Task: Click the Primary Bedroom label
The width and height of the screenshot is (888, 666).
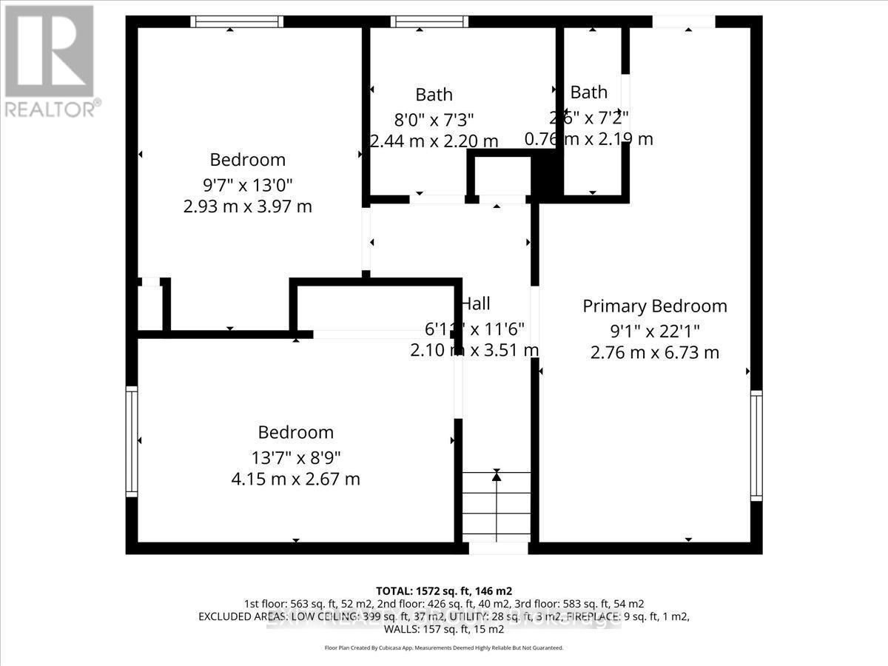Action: click(654, 306)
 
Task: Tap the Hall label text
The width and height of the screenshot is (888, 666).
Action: click(475, 303)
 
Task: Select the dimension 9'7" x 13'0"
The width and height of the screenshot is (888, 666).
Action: click(247, 184)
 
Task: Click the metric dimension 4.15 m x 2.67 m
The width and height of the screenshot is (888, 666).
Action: click(295, 479)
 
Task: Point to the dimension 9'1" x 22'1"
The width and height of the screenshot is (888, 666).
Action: click(654, 329)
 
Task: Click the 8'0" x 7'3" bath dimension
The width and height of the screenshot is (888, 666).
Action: click(434, 118)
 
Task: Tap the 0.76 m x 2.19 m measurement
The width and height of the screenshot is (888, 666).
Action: click(588, 138)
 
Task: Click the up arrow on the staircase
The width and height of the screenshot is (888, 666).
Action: click(497, 477)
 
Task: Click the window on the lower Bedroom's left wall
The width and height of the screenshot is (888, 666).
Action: click(132, 441)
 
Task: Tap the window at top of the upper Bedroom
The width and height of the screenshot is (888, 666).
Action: click(236, 21)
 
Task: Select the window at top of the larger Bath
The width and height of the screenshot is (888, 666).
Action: click(429, 21)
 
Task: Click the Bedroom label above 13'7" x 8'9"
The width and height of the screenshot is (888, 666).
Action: click(295, 432)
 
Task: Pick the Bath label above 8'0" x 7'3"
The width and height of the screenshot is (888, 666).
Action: click(434, 95)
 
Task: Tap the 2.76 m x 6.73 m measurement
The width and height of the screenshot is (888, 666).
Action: click(654, 353)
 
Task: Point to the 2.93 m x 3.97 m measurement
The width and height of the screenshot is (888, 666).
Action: click(247, 206)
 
